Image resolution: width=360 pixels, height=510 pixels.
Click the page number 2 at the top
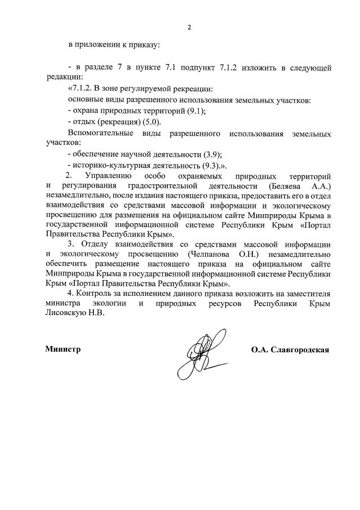point(189,27)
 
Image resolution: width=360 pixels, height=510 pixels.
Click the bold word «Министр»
point(63,349)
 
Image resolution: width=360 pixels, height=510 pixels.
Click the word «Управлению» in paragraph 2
point(109,176)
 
